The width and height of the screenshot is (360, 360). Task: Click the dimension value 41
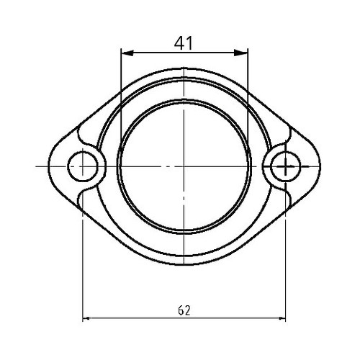coord(184,42)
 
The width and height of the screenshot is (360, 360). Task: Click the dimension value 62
coord(184,310)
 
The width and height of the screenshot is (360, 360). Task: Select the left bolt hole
coord(84,166)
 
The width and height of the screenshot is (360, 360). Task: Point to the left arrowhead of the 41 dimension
coord(125,53)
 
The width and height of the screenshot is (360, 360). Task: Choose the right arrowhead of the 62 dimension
coord(282,318)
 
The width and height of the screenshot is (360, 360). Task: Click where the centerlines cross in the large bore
coord(184,166)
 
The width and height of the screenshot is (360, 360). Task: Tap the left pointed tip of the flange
coord(49,166)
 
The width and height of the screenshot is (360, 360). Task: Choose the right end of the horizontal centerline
coord(333,166)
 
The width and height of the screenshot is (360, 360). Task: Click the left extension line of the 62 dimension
coord(84,252)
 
